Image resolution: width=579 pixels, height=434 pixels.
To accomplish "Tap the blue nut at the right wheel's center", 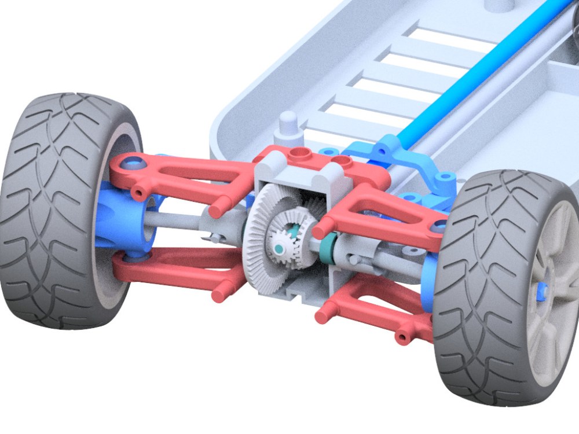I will click(544, 292).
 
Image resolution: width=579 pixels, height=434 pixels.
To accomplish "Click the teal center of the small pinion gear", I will click(279, 248).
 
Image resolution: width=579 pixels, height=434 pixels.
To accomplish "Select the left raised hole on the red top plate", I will click(299, 153).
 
